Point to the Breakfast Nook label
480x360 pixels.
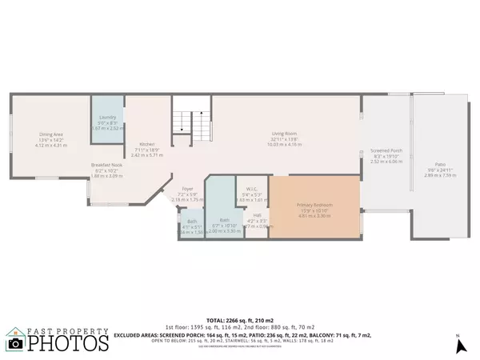pyautogui.click(x=106, y=166)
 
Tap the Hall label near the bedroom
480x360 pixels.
pyautogui.click(x=257, y=214)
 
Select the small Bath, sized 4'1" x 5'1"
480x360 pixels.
pyautogui.click(x=192, y=222)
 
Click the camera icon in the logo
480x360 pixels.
pyautogui.click(x=14, y=343)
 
